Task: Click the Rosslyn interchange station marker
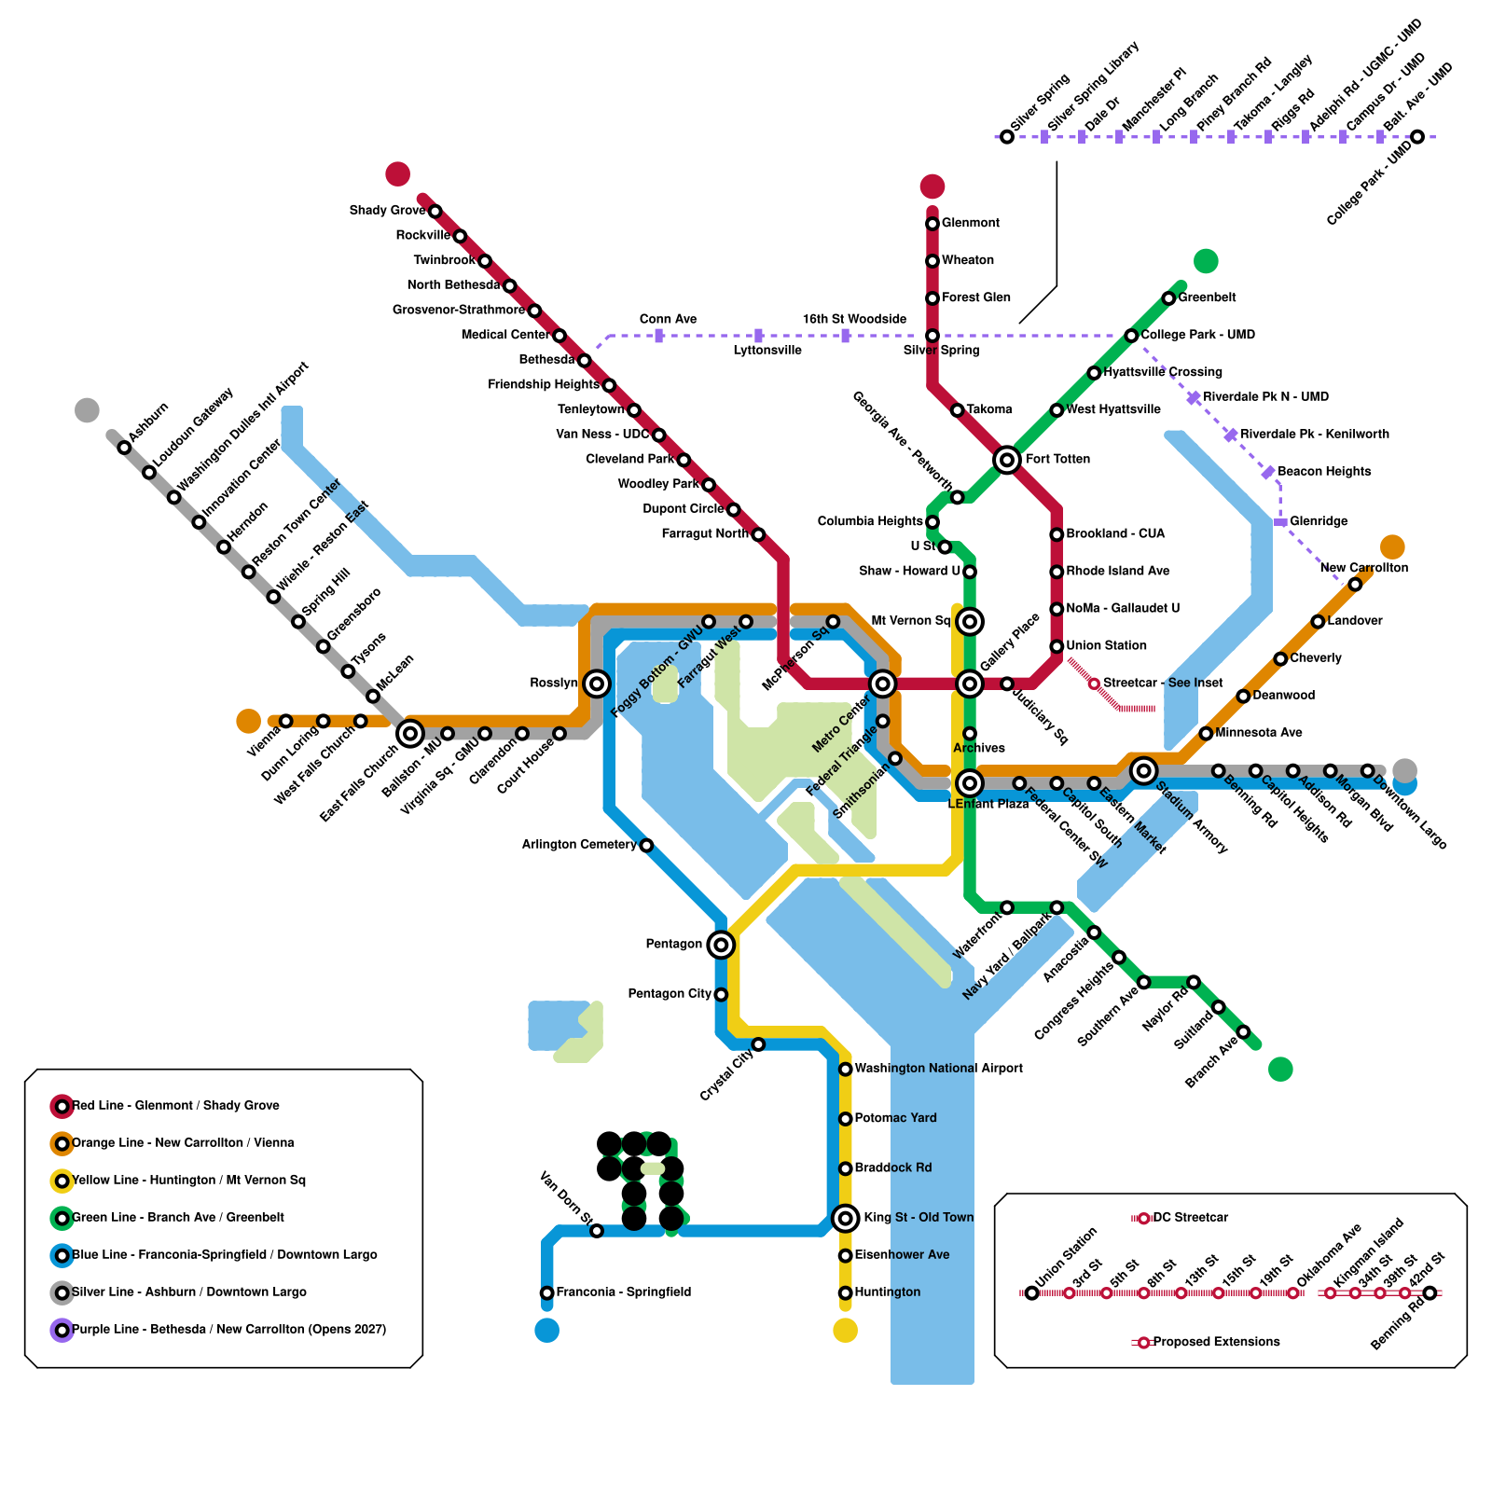point(597,684)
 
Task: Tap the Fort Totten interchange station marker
point(1007,460)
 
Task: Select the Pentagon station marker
point(721,945)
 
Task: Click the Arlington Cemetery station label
point(579,845)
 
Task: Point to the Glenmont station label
point(970,223)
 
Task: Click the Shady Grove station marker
point(435,212)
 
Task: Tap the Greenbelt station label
point(1207,297)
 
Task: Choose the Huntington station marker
point(845,1292)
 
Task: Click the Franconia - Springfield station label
point(623,1292)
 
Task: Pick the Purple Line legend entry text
point(228,1330)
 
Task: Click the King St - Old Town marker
point(845,1218)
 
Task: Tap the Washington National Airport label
point(938,1069)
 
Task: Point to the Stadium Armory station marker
point(1144,770)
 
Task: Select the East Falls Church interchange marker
point(410,734)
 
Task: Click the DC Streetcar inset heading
point(1190,1218)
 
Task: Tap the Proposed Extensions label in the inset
point(1216,1342)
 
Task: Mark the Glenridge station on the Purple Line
point(1280,522)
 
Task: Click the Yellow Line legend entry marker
point(62,1181)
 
